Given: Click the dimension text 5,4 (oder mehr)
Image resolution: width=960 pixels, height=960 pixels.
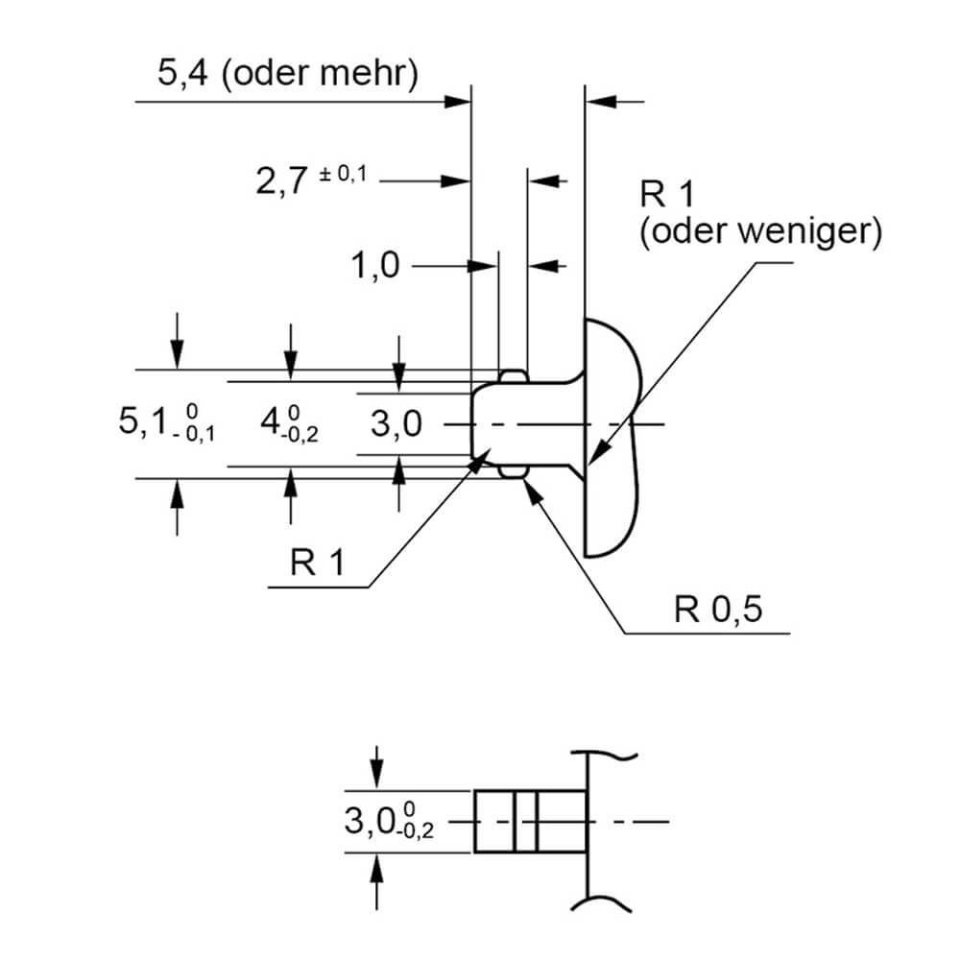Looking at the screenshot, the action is point(288,74).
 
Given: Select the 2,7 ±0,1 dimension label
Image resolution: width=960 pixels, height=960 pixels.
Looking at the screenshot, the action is point(311,180).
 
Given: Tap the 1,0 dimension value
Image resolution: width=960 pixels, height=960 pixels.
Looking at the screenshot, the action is point(374,266).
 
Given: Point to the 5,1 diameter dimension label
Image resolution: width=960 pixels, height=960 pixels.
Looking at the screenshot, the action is point(166,421).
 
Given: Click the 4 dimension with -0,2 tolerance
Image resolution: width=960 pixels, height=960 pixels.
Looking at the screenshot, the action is point(289,422).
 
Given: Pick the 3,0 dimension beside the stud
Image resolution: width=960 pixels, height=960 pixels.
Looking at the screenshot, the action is point(396,423).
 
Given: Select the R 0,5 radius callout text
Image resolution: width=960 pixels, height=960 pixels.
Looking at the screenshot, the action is point(718,610).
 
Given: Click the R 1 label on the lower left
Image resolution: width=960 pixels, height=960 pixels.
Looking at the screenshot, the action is point(317,562).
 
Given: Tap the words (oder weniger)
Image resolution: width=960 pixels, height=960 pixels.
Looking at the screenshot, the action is point(760,231).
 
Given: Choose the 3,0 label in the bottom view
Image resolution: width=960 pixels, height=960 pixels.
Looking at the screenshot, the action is point(389,821).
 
